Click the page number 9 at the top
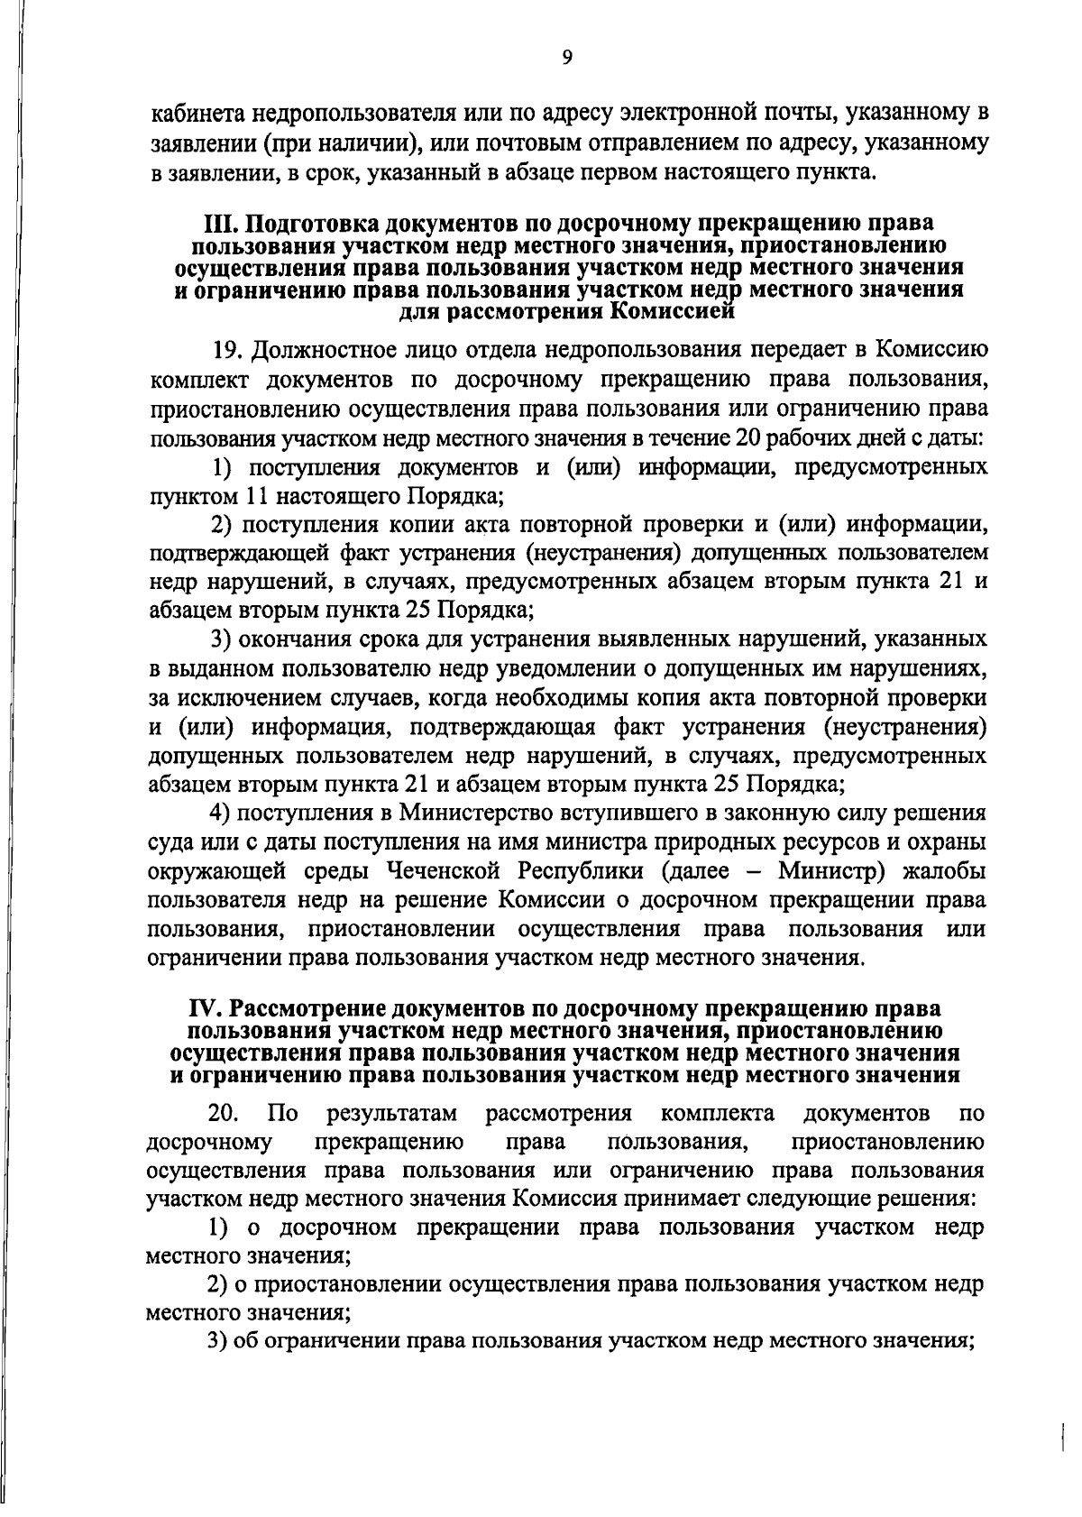pos(566,59)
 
